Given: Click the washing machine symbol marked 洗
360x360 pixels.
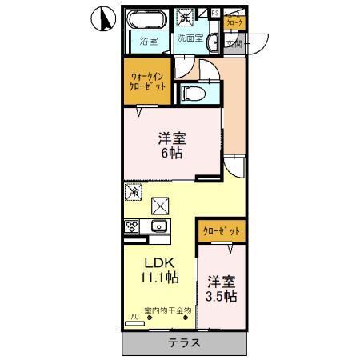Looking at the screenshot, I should (x=185, y=16).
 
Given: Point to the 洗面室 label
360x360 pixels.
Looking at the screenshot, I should (x=189, y=38).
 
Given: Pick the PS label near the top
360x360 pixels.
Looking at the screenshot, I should (x=214, y=12).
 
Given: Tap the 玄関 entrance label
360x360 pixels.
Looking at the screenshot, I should (x=233, y=44).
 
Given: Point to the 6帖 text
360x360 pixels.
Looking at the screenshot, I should (x=170, y=152).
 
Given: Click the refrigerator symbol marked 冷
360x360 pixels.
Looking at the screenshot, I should (x=134, y=192).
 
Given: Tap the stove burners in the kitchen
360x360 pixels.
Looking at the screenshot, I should (x=130, y=226).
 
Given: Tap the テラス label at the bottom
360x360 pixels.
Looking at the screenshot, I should (x=184, y=343).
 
